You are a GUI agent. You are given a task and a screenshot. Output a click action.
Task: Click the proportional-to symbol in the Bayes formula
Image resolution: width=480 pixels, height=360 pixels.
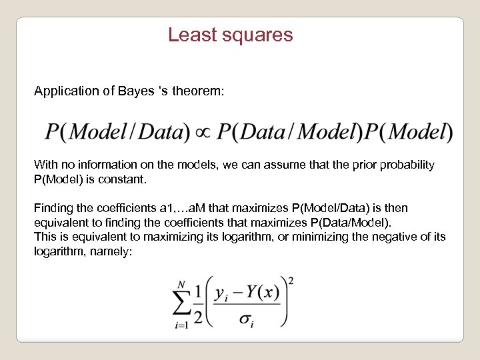[201, 132]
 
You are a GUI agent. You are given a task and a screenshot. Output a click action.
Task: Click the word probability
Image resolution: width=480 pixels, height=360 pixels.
[407, 165]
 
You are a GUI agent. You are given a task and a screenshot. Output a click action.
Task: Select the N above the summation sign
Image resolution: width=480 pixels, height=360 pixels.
[181, 283]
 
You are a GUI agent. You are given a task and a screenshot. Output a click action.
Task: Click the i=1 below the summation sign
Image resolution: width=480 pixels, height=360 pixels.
[181, 325]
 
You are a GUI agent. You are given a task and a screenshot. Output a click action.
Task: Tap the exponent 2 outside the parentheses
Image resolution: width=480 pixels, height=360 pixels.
[291, 280]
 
